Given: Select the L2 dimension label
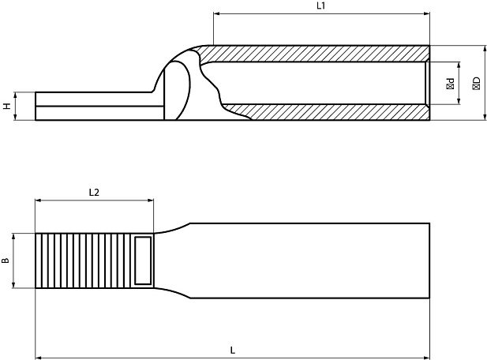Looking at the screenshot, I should point(94,192).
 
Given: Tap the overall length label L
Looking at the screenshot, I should point(232,350).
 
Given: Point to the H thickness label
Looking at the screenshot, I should point(7,106).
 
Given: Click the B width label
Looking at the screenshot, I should point(7,261).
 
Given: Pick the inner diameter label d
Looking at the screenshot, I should point(451,82).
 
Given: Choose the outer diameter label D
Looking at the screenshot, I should point(475,82).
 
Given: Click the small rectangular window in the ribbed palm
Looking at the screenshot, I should point(143,260).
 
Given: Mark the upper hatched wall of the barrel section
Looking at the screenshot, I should point(316,53).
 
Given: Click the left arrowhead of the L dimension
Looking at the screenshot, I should point(39,357).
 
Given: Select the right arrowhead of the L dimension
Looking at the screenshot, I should point(426,357).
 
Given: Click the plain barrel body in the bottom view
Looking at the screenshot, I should point(308,261).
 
